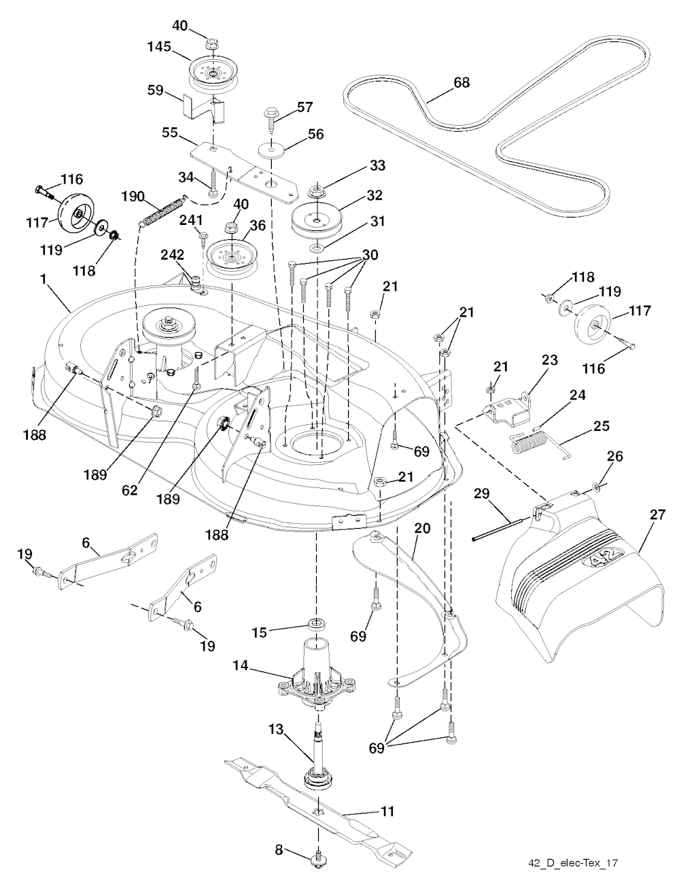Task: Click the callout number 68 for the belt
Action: [x=462, y=82]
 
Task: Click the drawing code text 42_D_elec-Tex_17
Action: [x=572, y=862]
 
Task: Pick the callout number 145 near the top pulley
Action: [x=158, y=48]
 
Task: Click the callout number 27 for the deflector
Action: [x=657, y=514]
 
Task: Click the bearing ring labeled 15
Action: [x=317, y=623]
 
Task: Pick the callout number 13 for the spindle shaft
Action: [x=275, y=729]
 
